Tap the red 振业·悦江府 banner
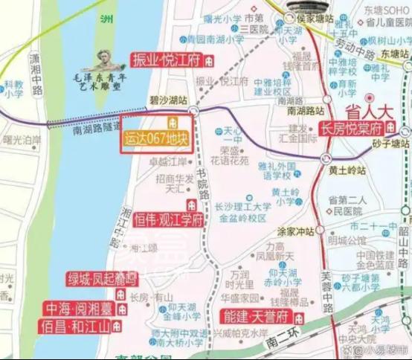(x=167, y=61)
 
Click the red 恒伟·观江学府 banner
(x=169, y=220)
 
